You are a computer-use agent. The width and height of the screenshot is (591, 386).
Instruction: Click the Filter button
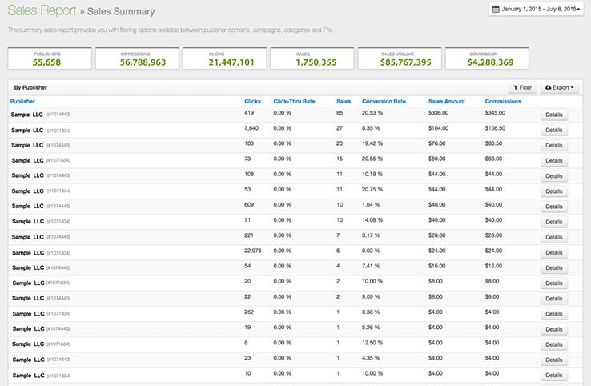click(522, 86)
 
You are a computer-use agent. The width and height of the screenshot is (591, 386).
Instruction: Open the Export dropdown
click(560, 86)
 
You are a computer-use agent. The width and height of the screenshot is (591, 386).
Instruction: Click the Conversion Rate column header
click(384, 102)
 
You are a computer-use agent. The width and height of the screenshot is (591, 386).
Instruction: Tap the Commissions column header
click(503, 102)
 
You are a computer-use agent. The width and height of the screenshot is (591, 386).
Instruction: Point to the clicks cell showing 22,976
click(255, 251)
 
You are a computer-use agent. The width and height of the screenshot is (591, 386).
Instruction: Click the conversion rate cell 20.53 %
click(372, 115)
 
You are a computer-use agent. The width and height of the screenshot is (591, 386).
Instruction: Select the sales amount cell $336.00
click(440, 115)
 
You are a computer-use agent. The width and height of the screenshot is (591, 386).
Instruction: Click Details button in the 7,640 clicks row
click(553, 131)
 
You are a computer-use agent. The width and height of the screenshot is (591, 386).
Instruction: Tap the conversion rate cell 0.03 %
click(371, 251)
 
